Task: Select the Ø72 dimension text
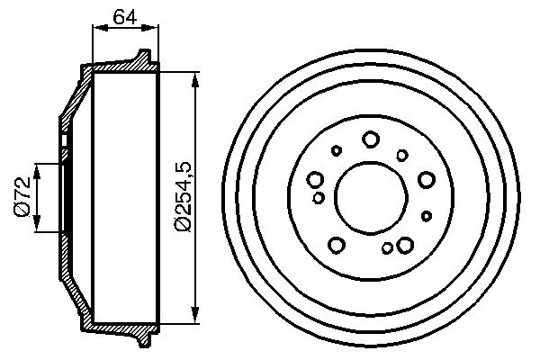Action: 22,197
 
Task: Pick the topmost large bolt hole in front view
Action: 370,139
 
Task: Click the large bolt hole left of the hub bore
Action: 316,179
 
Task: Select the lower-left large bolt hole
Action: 337,244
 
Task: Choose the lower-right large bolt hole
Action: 404,244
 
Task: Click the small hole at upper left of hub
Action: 337,150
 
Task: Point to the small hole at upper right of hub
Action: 402,155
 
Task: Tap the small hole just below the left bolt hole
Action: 318,197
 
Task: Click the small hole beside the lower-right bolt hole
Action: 387,248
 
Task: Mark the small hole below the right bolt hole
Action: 427,216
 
